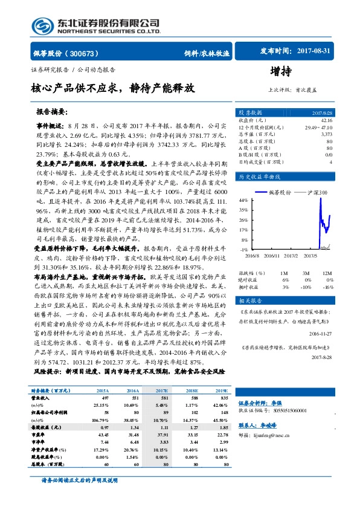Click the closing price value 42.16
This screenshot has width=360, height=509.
click(x=326, y=120)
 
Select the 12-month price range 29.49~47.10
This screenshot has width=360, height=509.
click(x=318, y=128)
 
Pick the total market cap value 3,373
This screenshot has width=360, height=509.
click(x=326, y=135)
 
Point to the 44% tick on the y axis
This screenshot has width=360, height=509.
click(x=243, y=199)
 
